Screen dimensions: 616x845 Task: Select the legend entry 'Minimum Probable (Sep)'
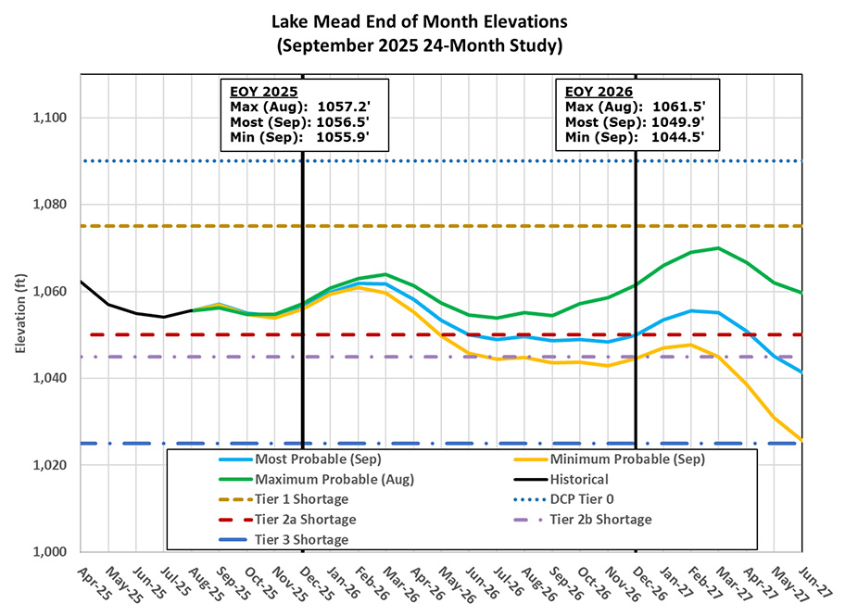(626, 459)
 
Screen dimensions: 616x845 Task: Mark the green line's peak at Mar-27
(719, 247)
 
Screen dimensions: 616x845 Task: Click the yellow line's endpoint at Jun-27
(802, 439)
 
